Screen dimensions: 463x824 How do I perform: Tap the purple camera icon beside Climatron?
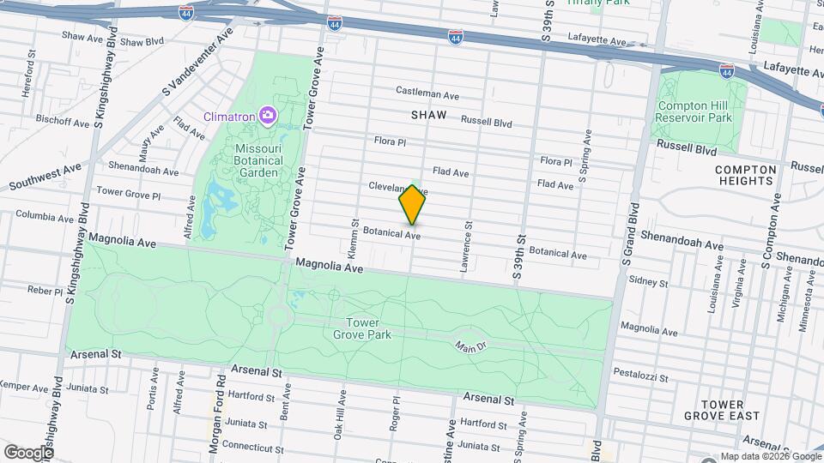pos(268,115)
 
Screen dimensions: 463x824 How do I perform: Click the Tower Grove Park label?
pos(368,328)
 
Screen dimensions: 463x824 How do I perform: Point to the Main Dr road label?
pos(470,346)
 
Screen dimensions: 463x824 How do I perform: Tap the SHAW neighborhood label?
pos(429,114)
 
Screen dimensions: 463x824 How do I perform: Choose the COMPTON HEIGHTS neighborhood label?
pos(746,175)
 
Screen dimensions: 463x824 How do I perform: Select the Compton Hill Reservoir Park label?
pos(694,111)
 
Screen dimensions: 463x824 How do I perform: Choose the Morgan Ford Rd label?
pos(218,412)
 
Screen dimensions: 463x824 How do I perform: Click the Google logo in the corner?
pos(28,452)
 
